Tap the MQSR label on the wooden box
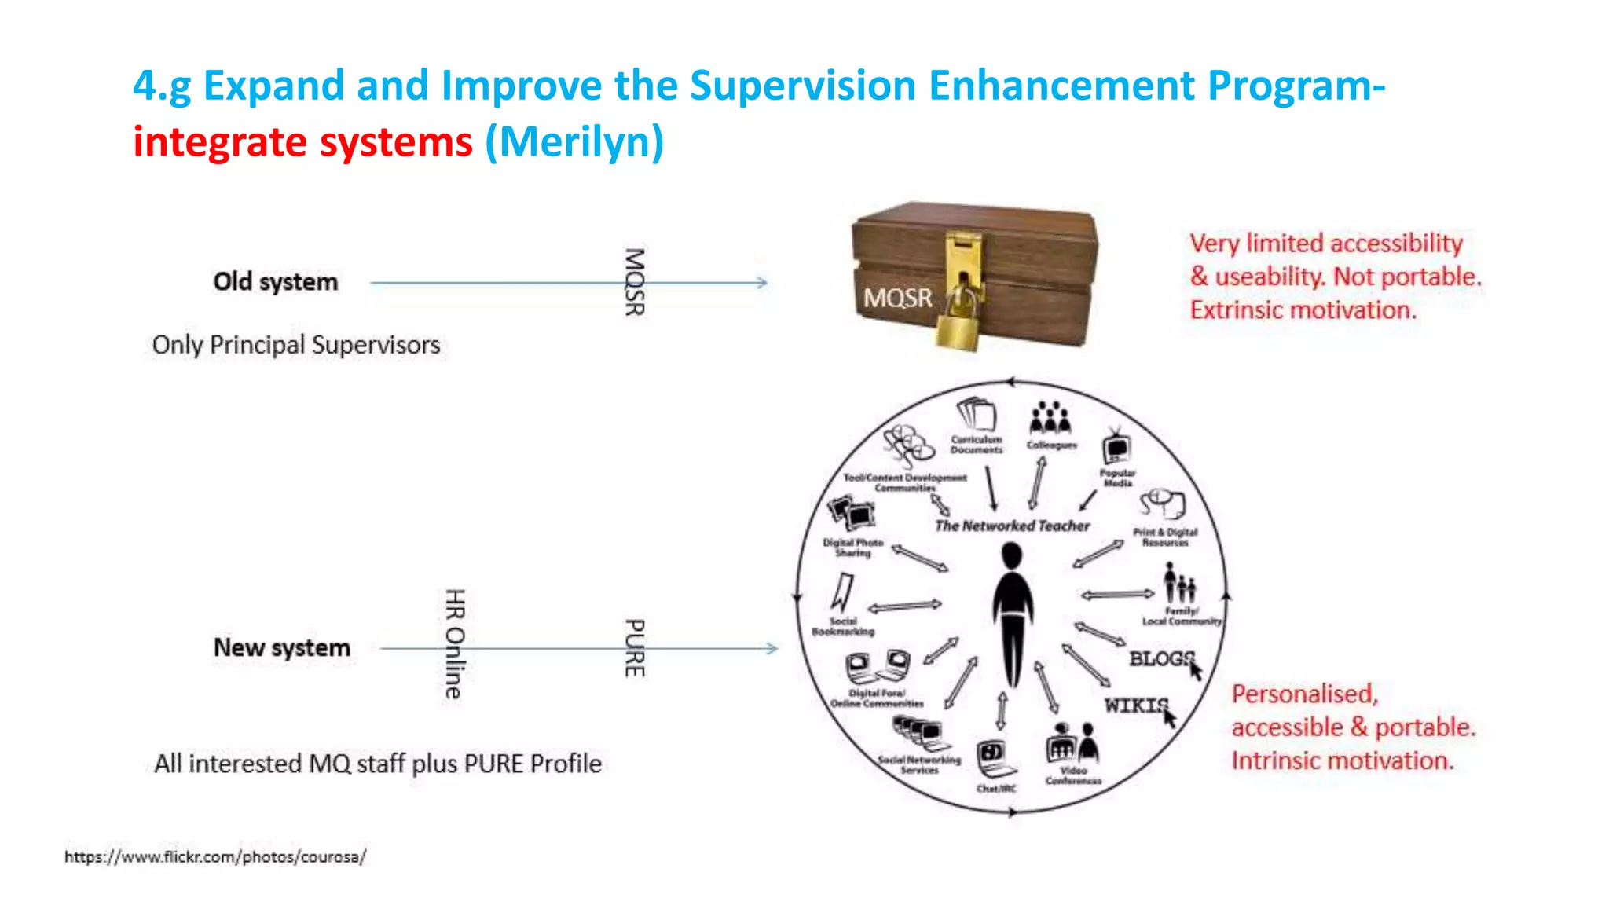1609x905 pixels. (897, 299)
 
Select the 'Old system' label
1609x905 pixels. (276, 281)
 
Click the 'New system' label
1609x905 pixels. (282, 647)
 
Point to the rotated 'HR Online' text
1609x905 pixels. (455, 643)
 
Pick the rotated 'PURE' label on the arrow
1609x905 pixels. (634, 648)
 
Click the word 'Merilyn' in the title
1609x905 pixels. (581, 142)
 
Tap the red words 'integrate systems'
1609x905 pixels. (302, 142)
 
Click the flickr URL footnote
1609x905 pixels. (215, 856)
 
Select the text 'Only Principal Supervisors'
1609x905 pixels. (296, 344)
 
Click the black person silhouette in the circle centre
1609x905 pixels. (1012, 613)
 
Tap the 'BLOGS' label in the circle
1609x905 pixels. (1161, 658)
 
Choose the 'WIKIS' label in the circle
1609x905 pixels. (1136, 705)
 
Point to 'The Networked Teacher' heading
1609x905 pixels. (1012, 526)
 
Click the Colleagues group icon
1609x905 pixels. (1050, 419)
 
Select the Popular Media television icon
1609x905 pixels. (1116, 447)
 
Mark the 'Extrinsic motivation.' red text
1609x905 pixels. (1303, 310)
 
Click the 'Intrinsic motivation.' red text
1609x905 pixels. (1342, 760)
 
